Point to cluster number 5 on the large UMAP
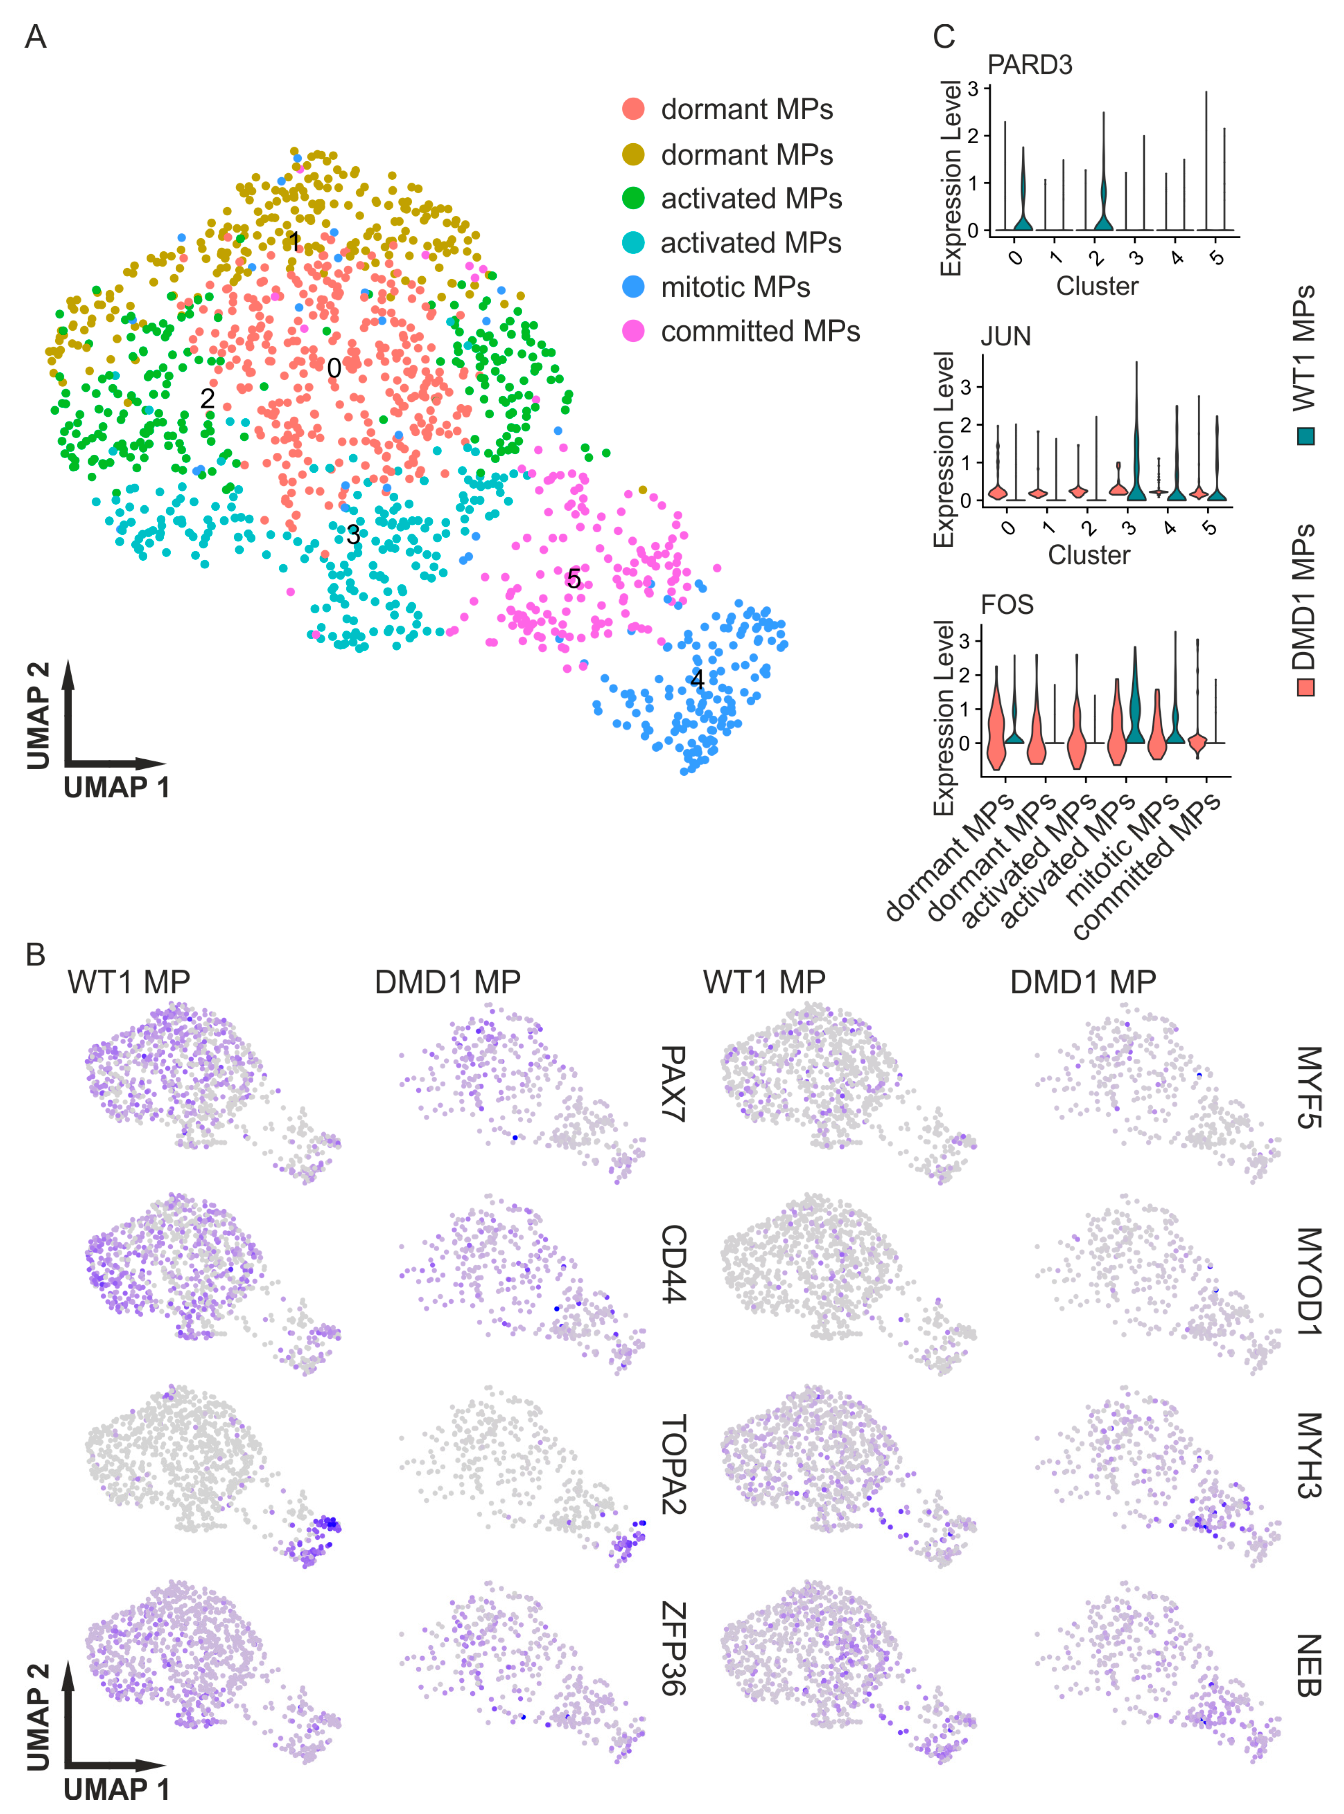(574, 579)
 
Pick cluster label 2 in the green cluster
(207, 398)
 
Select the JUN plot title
(1005, 336)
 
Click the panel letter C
(944, 36)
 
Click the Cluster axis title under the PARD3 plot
(1097, 286)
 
